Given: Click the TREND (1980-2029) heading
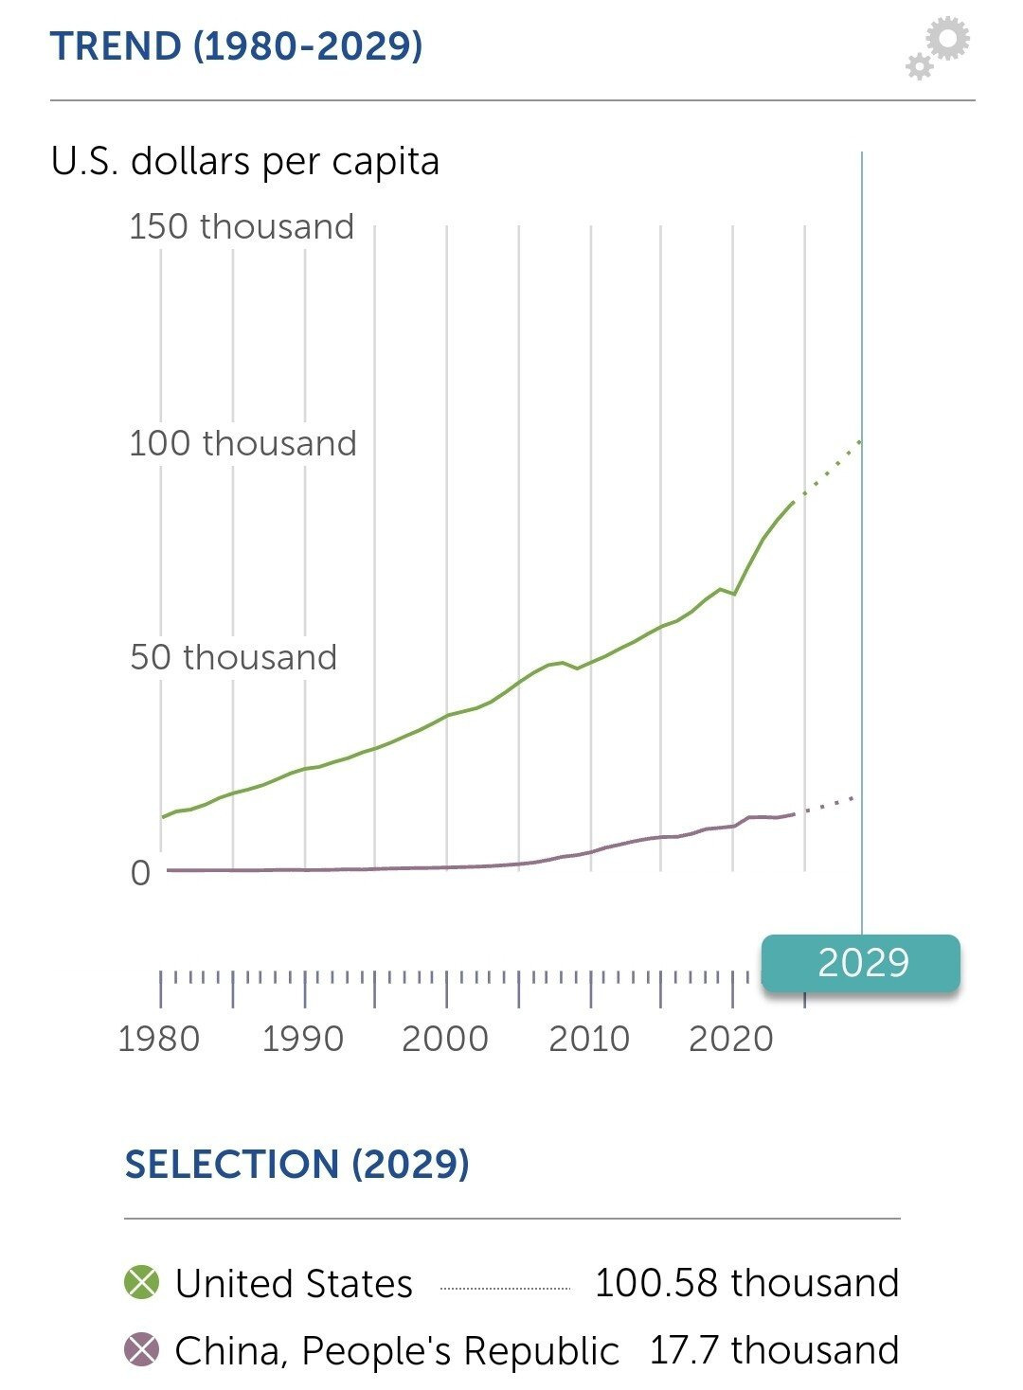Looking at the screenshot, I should click(236, 45).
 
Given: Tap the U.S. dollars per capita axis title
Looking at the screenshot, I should click(245, 161).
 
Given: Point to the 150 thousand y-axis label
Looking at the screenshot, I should click(242, 226).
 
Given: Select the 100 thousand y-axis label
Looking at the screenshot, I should click(242, 442).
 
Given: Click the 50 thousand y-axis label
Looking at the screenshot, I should click(233, 657).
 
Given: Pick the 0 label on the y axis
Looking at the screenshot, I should click(140, 872).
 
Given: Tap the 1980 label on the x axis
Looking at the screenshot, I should click(159, 1039).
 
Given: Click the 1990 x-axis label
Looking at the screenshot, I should click(302, 1039).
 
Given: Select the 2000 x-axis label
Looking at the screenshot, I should click(445, 1039).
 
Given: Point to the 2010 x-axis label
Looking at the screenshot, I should click(588, 1039).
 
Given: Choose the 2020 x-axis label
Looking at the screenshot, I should click(730, 1039).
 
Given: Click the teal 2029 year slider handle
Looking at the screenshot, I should click(861, 963).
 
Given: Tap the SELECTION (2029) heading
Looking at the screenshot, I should click(297, 1164).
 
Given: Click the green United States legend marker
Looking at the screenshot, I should click(142, 1283).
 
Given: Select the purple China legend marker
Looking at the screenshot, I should click(142, 1349).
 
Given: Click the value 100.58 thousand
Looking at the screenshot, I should click(746, 1283).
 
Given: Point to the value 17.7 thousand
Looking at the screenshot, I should click(774, 1349).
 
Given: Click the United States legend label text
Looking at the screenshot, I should click(294, 1284).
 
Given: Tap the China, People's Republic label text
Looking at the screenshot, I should click(397, 1350).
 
